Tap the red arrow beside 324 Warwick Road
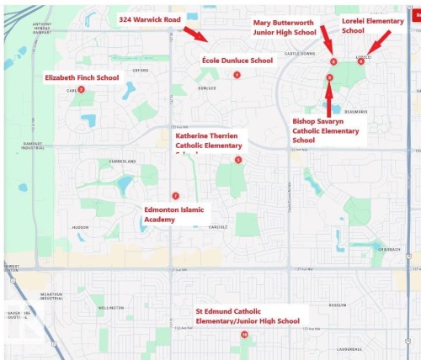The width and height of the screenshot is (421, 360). click(194, 33)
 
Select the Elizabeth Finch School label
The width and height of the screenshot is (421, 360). click(83, 77)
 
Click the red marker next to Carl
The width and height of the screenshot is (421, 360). click(81, 89)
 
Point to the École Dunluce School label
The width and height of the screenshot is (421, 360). click(237, 61)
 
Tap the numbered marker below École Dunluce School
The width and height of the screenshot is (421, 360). click(237, 75)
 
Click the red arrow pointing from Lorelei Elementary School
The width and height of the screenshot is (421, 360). click(380, 40)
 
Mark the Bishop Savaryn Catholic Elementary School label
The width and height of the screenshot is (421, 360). click(326, 130)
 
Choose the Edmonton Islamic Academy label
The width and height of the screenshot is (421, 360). click(174, 214)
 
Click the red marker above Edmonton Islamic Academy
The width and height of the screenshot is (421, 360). click(175, 195)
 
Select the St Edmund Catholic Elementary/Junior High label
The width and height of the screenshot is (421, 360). click(248, 315)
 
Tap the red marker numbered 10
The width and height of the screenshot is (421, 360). click(245, 334)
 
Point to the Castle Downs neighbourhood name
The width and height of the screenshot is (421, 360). click(298, 52)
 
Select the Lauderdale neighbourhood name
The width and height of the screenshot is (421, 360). click(349, 348)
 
